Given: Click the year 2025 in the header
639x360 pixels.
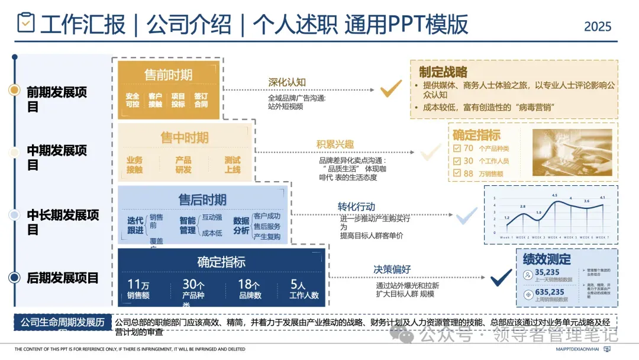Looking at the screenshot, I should (x=598, y=27).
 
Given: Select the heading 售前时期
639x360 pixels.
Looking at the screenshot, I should (x=168, y=75).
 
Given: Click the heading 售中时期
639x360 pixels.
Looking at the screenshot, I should (x=184, y=138).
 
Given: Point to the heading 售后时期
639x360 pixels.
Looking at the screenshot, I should (x=202, y=200).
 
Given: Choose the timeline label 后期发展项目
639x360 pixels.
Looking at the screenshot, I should (x=63, y=278).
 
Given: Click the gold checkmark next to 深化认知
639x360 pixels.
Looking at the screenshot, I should (x=390, y=89).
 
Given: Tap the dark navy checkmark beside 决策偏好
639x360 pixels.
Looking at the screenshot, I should (x=501, y=276).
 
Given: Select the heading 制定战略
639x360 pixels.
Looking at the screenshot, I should (x=443, y=72).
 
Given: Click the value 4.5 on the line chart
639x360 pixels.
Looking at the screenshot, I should (x=554, y=195).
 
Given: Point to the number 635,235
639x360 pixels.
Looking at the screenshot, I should (x=549, y=292).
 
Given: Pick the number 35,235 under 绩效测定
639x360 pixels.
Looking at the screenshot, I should (x=546, y=272).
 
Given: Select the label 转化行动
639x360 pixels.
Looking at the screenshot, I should (x=356, y=207).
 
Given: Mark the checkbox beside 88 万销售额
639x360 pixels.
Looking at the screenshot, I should (x=457, y=173).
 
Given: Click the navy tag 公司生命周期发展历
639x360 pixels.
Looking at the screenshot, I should (x=62, y=323).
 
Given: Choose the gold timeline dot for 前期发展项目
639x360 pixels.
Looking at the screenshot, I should (x=15, y=90).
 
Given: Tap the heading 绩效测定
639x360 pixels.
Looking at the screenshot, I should (x=547, y=259).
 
